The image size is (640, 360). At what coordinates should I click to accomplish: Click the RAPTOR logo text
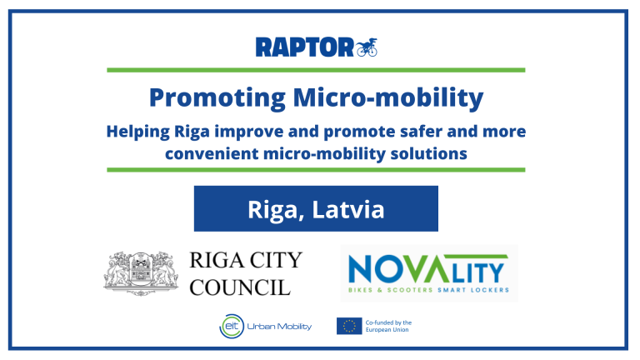click(304, 47)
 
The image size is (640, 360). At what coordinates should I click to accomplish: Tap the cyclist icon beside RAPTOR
click(367, 47)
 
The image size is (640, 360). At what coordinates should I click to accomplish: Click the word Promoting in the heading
click(217, 98)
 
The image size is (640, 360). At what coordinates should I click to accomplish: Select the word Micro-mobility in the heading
click(388, 97)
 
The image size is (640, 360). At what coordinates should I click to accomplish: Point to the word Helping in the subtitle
click(138, 132)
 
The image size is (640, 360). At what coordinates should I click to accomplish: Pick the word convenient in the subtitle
click(212, 154)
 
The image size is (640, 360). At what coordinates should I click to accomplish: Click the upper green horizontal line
click(316, 70)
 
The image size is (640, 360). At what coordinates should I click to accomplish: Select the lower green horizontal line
click(316, 170)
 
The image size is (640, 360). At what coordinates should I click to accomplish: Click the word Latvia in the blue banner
click(348, 209)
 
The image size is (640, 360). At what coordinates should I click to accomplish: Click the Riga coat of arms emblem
click(141, 273)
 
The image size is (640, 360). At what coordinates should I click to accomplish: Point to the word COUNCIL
click(240, 287)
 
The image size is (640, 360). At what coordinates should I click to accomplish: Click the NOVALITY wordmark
click(427, 268)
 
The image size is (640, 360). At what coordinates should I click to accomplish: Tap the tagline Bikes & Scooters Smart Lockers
click(428, 290)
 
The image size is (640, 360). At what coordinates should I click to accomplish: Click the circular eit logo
click(232, 326)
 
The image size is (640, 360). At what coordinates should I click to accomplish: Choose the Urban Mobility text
click(279, 327)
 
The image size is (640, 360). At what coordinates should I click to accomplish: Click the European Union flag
click(349, 326)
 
